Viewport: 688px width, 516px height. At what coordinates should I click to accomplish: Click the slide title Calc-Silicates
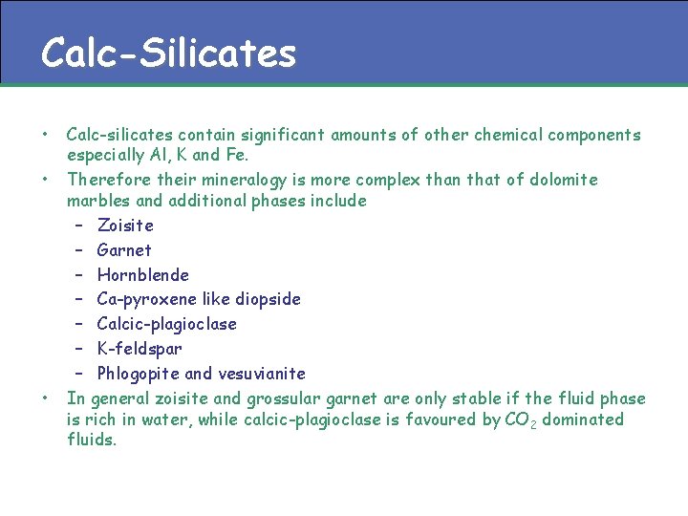pos(168,53)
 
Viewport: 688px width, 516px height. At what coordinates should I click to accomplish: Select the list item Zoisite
pos(125,226)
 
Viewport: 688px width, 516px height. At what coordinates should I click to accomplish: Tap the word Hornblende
pos(143,275)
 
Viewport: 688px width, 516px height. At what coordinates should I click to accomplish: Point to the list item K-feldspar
pos(140,349)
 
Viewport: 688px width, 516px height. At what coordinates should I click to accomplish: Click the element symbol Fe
pos(236,155)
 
